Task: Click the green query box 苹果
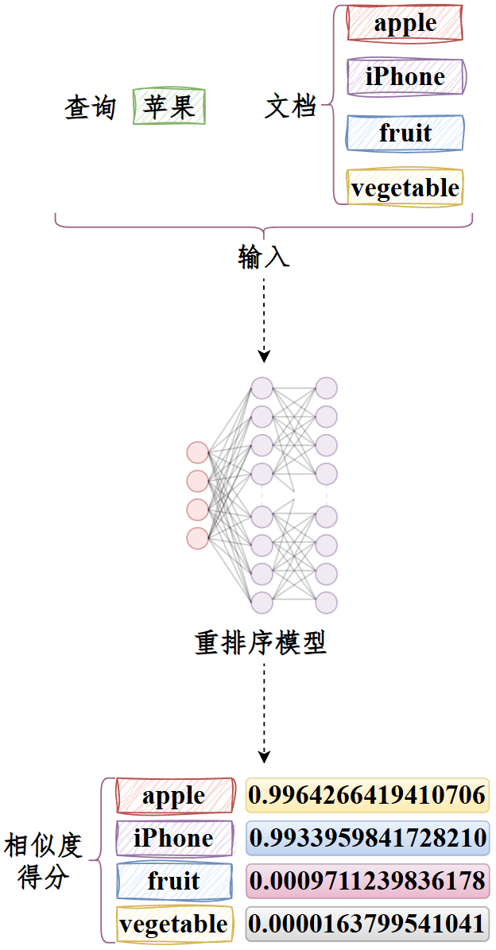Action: (169, 107)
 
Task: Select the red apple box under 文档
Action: (405, 24)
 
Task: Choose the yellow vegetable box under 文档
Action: (405, 187)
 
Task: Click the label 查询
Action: (91, 108)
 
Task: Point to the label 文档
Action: (291, 108)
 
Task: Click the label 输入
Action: (263, 258)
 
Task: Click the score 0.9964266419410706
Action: (367, 795)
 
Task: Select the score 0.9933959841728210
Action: (367, 838)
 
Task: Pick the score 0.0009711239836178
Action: (367, 881)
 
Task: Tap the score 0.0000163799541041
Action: (367, 924)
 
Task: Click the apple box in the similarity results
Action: (174, 795)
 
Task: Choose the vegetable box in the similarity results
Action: (174, 924)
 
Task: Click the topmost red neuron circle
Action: (197, 453)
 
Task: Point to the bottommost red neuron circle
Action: (197, 538)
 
